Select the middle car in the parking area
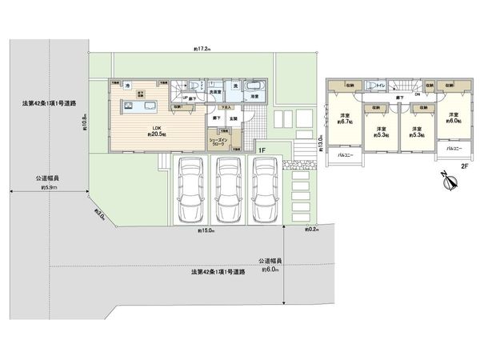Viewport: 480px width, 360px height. coord(229,190)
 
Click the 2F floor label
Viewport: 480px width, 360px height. coord(463,168)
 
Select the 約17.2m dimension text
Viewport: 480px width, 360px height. coord(201,49)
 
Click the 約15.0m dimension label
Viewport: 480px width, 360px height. coord(207,230)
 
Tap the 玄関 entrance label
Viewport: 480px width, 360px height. coord(233,118)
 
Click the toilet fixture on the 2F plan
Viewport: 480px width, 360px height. coord(370,86)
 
